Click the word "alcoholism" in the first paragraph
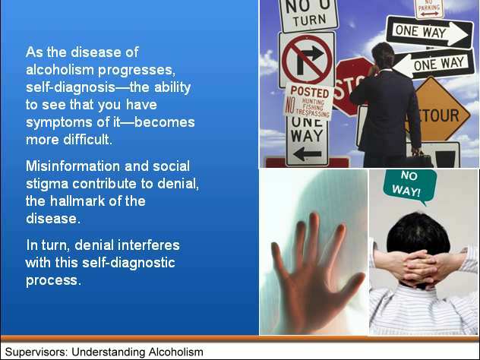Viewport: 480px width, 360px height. pyautogui.click(x=60, y=70)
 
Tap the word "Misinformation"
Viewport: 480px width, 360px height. pyautogui.click(x=73, y=166)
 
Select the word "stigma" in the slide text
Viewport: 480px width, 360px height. pyautogui.click(x=47, y=185)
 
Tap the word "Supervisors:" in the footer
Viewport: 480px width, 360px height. pyautogui.click(x=36, y=352)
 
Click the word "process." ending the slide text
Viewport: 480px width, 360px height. pyautogui.click(x=54, y=281)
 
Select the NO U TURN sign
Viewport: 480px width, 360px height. pyautogui.click(x=308, y=14)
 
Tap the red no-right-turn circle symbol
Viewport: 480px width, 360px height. pyautogui.click(x=307, y=59)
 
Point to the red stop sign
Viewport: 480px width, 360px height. pyautogui.click(x=351, y=86)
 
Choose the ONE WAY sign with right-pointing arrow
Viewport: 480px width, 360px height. pyautogui.click(x=430, y=33)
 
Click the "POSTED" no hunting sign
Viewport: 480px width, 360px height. pyautogui.click(x=308, y=102)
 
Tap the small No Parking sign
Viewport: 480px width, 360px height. pyautogui.click(x=429, y=8)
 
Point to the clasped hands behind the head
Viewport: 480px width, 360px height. pyautogui.click(x=419, y=267)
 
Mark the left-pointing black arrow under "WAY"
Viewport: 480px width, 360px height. pyautogui.click(x=307, y=153)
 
